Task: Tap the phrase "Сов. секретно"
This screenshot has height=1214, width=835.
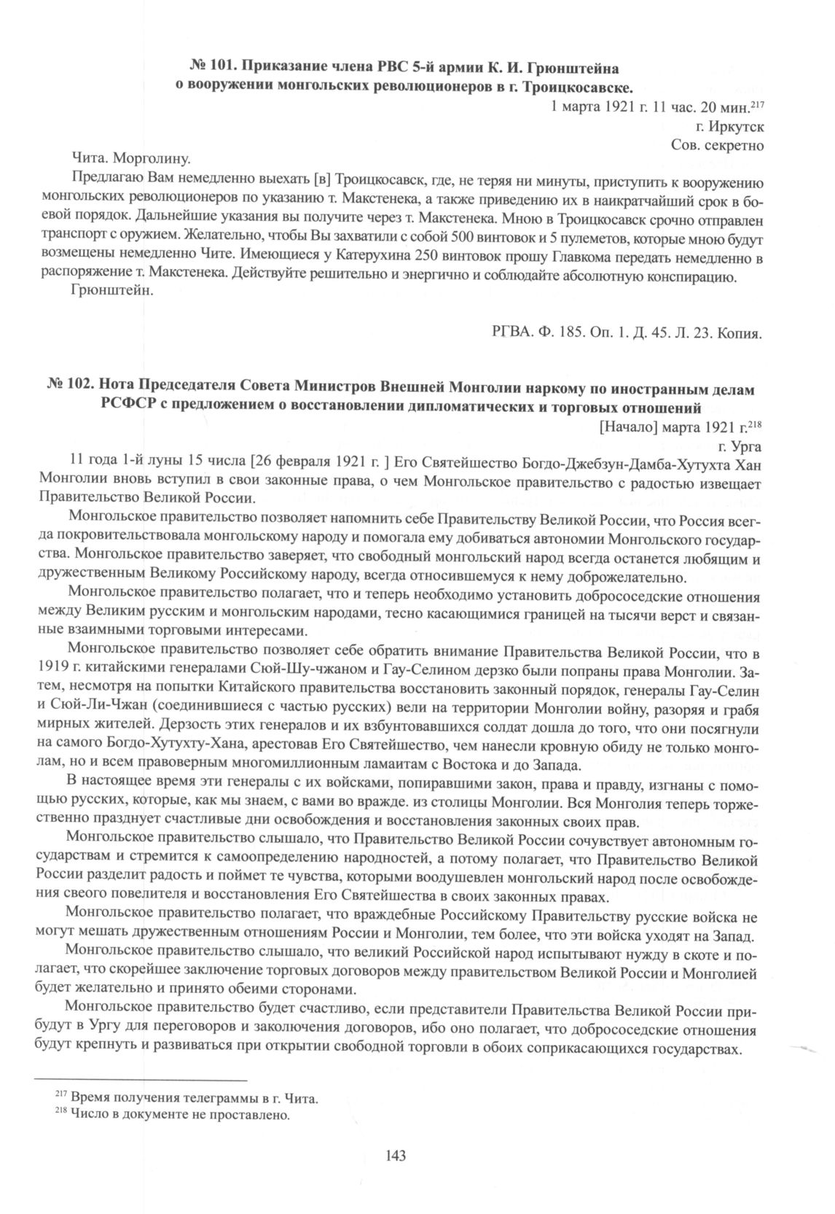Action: coord(717,144)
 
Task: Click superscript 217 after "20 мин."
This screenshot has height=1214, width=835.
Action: coord(756,105)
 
